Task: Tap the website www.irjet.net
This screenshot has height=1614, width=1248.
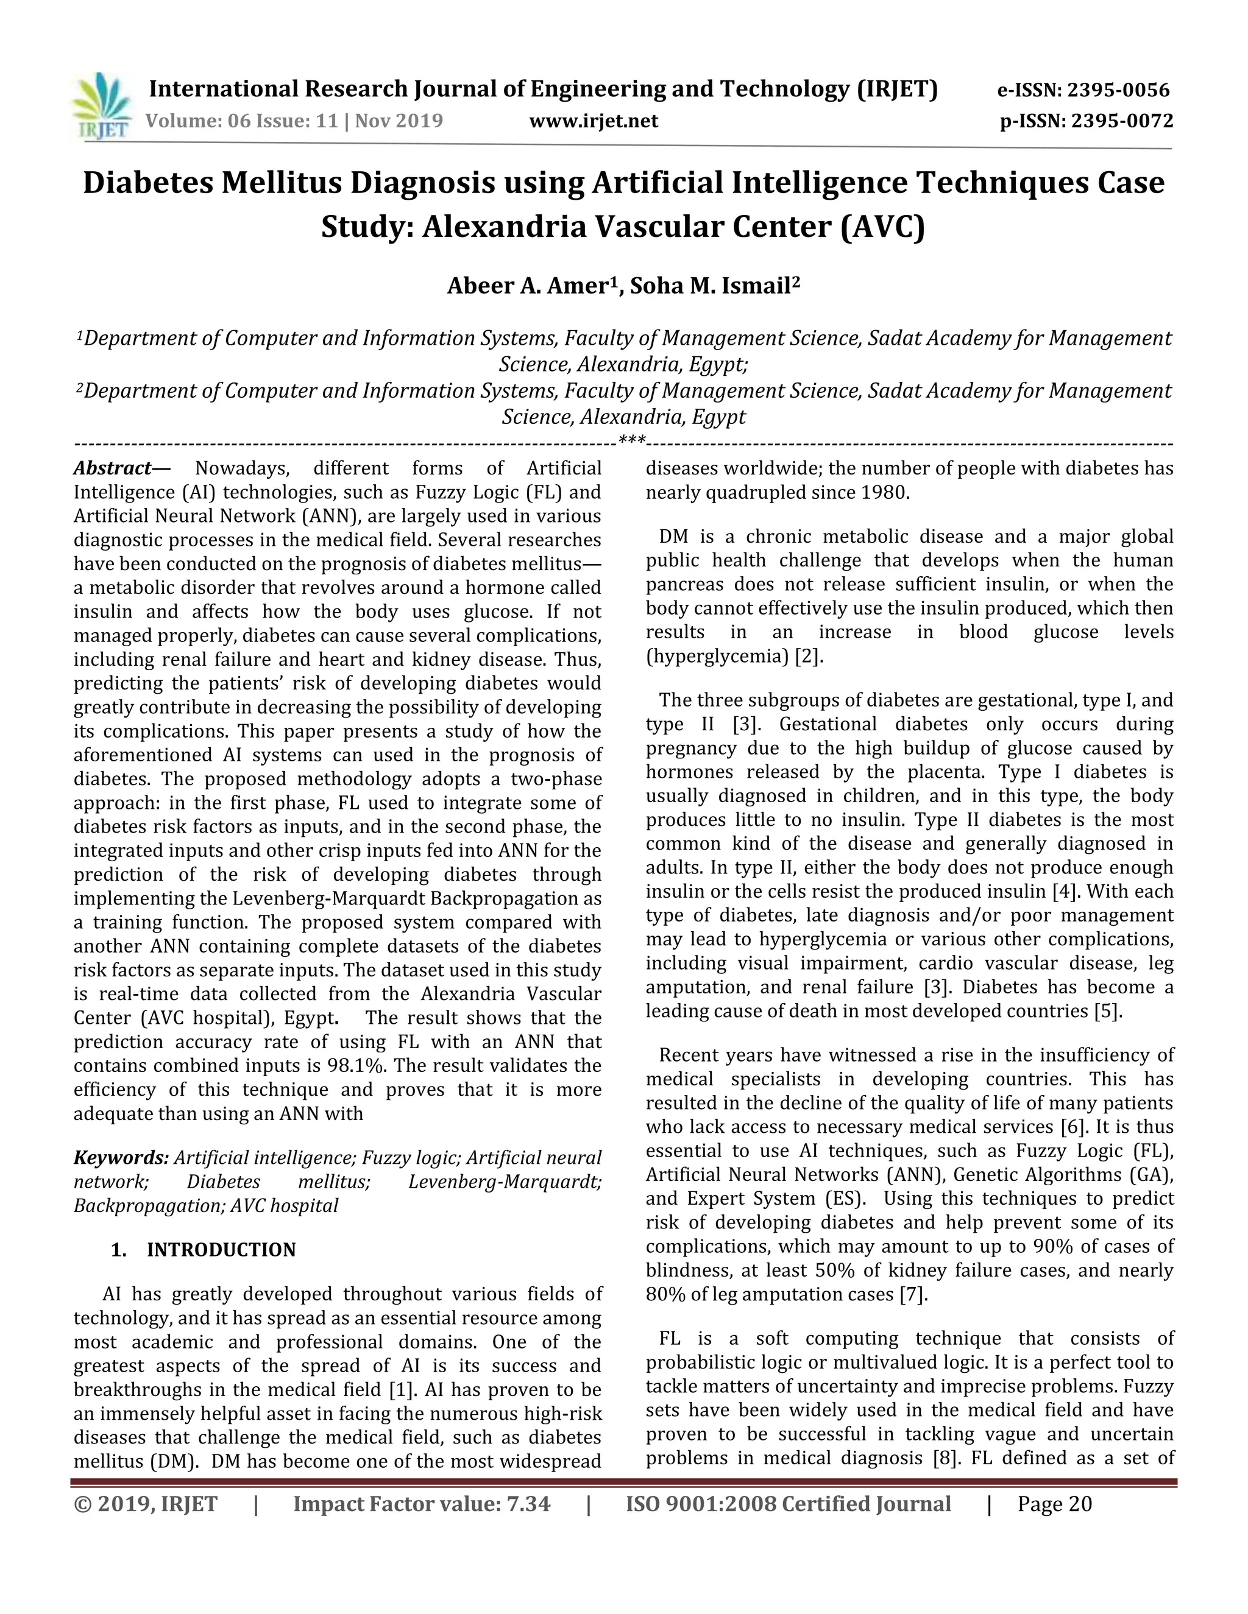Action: tap(593, 121)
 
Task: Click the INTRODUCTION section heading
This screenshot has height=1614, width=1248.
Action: tap(221, 1250)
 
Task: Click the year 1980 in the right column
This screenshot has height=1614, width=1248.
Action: tap(884, 492)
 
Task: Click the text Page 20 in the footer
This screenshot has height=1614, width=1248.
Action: tap(1054, 1504)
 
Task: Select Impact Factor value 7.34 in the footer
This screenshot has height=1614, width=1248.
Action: tap(422, 1504)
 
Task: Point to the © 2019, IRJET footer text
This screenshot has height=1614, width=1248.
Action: tap(146, 1504)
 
